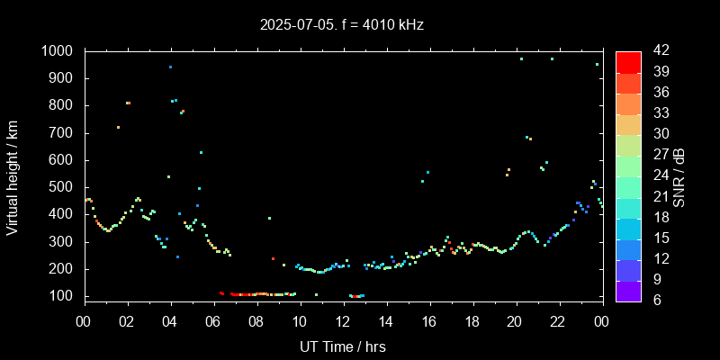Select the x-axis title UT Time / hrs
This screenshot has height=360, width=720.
[x=342, y=346]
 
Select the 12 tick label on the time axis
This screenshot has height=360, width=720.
[x=343, y=322]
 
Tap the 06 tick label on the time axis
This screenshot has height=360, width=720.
[x=213, y=322]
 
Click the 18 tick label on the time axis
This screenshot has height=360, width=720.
[x=472, y=322]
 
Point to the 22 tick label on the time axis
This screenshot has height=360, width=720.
[x=558, y=322]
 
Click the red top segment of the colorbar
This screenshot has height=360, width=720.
[x=628, y=61]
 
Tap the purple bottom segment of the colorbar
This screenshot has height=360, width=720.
[x=628, y=290]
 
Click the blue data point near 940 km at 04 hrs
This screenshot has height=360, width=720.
[x=170, y=67]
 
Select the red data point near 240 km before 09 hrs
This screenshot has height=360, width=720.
[x=273, y=258]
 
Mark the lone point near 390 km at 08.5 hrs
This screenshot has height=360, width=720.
[x=269, y=218]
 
